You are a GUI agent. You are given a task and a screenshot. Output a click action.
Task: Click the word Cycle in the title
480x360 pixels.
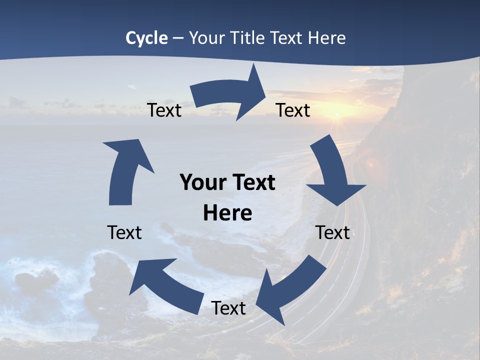pos(146,38)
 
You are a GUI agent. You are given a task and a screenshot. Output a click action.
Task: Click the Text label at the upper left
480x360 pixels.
pos(164,110)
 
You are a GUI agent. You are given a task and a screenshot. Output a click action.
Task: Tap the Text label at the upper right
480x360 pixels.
pos(293,110)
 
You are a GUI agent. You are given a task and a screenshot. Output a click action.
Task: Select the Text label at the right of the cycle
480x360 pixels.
pos(332,232)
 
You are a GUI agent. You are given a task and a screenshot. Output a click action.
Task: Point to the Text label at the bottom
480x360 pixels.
pos(228,308)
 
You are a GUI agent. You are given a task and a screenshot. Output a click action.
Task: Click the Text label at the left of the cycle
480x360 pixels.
pos(124,232)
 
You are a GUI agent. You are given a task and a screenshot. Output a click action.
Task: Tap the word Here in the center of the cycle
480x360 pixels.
pos(227,213)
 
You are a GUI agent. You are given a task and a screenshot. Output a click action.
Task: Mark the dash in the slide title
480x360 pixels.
pos(178,38)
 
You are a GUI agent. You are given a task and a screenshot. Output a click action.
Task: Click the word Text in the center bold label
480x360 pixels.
pos(252,182)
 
